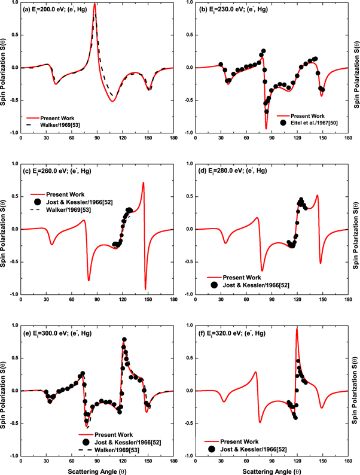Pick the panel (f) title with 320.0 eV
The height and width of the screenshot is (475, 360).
tap(237, 333)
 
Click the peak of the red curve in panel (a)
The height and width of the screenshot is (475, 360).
tap(94, 20)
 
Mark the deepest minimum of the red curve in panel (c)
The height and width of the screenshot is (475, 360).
tap(145, 288)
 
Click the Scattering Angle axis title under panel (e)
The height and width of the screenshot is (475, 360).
tap(97, 469)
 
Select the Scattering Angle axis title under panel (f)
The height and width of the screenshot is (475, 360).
tap(277, 469)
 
